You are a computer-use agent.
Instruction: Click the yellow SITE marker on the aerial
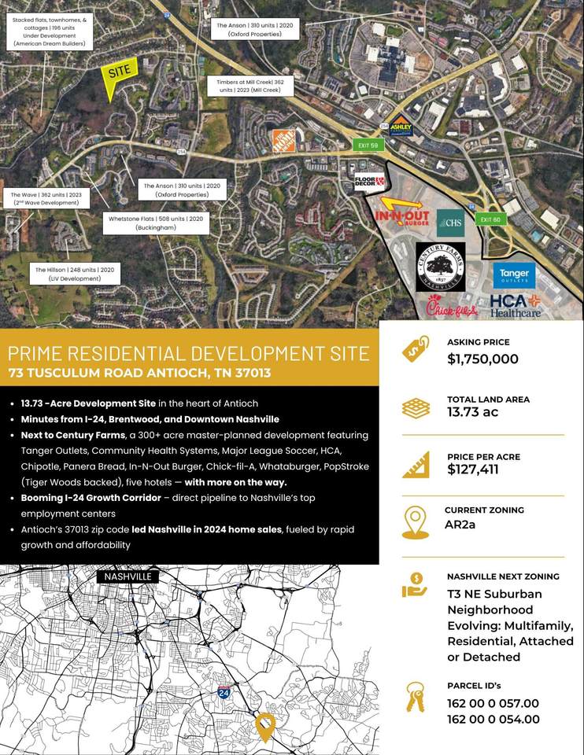(119, 73)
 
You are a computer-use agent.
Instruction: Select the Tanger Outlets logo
(514, 274)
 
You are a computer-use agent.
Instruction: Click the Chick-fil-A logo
(452, 309)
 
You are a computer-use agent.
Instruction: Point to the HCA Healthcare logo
(516, 305)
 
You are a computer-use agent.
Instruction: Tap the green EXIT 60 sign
(490, 219)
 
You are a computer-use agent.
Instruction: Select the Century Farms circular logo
(440, 267)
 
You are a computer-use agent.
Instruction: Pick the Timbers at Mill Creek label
(245, 87)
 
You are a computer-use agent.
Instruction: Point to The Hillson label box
(77, 274)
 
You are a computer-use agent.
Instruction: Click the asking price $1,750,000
(482, 359)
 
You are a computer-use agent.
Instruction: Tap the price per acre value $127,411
(472, 470)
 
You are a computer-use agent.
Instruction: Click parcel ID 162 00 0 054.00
(493, 719)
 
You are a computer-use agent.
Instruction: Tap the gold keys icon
(415, 698)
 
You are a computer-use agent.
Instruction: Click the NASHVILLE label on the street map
(127, 576)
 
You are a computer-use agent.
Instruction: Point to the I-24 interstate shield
(224, 693)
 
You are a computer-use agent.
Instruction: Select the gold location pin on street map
(265, 726)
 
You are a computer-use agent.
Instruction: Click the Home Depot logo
(283, 141)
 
